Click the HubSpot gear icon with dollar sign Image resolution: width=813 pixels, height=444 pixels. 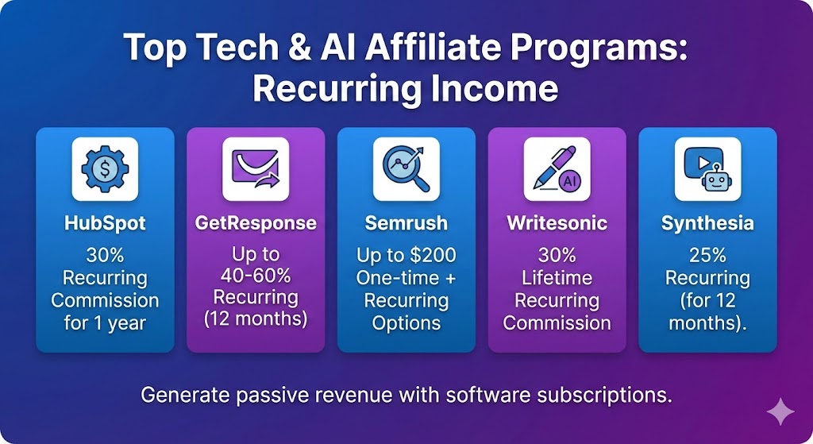coord(105,169)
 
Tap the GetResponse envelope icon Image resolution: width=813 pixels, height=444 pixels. coord(255,169)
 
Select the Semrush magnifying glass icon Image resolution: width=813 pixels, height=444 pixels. coord(406,169)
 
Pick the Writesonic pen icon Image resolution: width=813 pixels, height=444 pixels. coord(557,169)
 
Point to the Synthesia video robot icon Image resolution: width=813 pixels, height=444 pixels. coord(707,169)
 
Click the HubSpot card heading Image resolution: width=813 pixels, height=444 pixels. coord(105,224)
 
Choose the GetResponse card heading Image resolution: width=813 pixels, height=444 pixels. coord(255,224)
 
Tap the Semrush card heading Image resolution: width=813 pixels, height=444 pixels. coord(406,224)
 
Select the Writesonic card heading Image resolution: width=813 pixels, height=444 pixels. coord(557,224)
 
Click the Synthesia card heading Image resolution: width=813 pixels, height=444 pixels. coord(707,224)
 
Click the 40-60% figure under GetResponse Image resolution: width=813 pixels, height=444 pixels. coord(256,278)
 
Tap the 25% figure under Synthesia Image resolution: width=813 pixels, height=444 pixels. coord(707,257)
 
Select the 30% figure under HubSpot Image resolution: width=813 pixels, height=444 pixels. coord(105,257)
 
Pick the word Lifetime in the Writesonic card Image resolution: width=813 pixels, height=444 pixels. coord(557,279)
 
